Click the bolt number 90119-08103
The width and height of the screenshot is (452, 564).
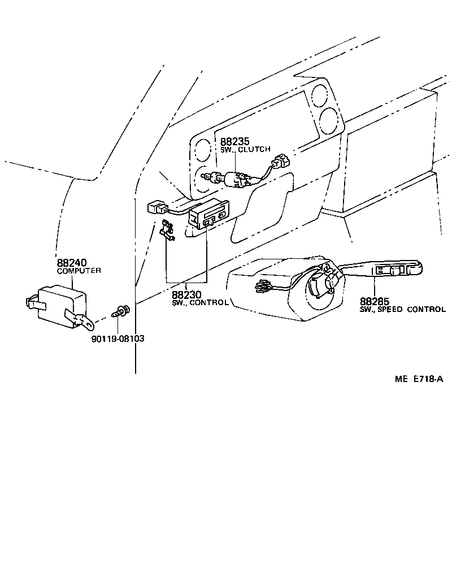click(118, 339)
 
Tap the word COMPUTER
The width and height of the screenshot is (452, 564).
click(79, 271)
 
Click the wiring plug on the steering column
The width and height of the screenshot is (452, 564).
click(263, 287)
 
